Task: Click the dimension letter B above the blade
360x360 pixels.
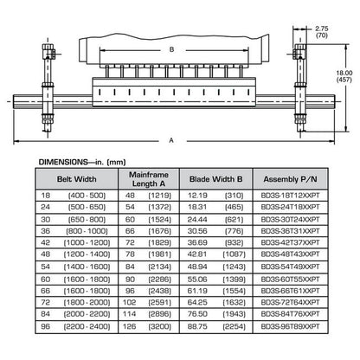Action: pos(171,49)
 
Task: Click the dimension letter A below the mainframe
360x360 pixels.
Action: pos(171,140)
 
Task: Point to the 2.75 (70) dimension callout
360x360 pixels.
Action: pos(322,32)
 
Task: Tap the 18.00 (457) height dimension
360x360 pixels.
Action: pos(344,76)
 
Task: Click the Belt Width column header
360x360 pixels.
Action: pos(77,179)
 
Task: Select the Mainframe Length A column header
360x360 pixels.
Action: pos(149,179)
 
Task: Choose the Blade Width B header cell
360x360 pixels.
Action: pos(216,179)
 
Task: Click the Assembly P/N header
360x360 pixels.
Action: pos(290,179)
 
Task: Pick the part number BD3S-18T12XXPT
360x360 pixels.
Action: pos(291,196)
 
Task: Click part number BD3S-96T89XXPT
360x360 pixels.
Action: pos(291,326)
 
